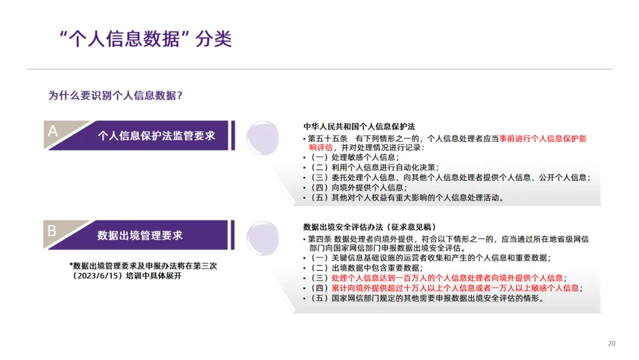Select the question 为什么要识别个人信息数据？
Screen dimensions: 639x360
tap(115, 95)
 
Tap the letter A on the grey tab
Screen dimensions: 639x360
tap(53, 131)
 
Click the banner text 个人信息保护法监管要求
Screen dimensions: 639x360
tap(156, 136)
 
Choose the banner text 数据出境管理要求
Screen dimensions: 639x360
tap(140, 235)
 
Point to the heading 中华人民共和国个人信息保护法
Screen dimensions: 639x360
tap(359, 127)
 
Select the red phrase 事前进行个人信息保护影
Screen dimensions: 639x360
tap(543, 138)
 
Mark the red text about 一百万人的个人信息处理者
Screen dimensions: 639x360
tap(448, 278)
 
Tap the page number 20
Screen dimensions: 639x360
tap(612, 343)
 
